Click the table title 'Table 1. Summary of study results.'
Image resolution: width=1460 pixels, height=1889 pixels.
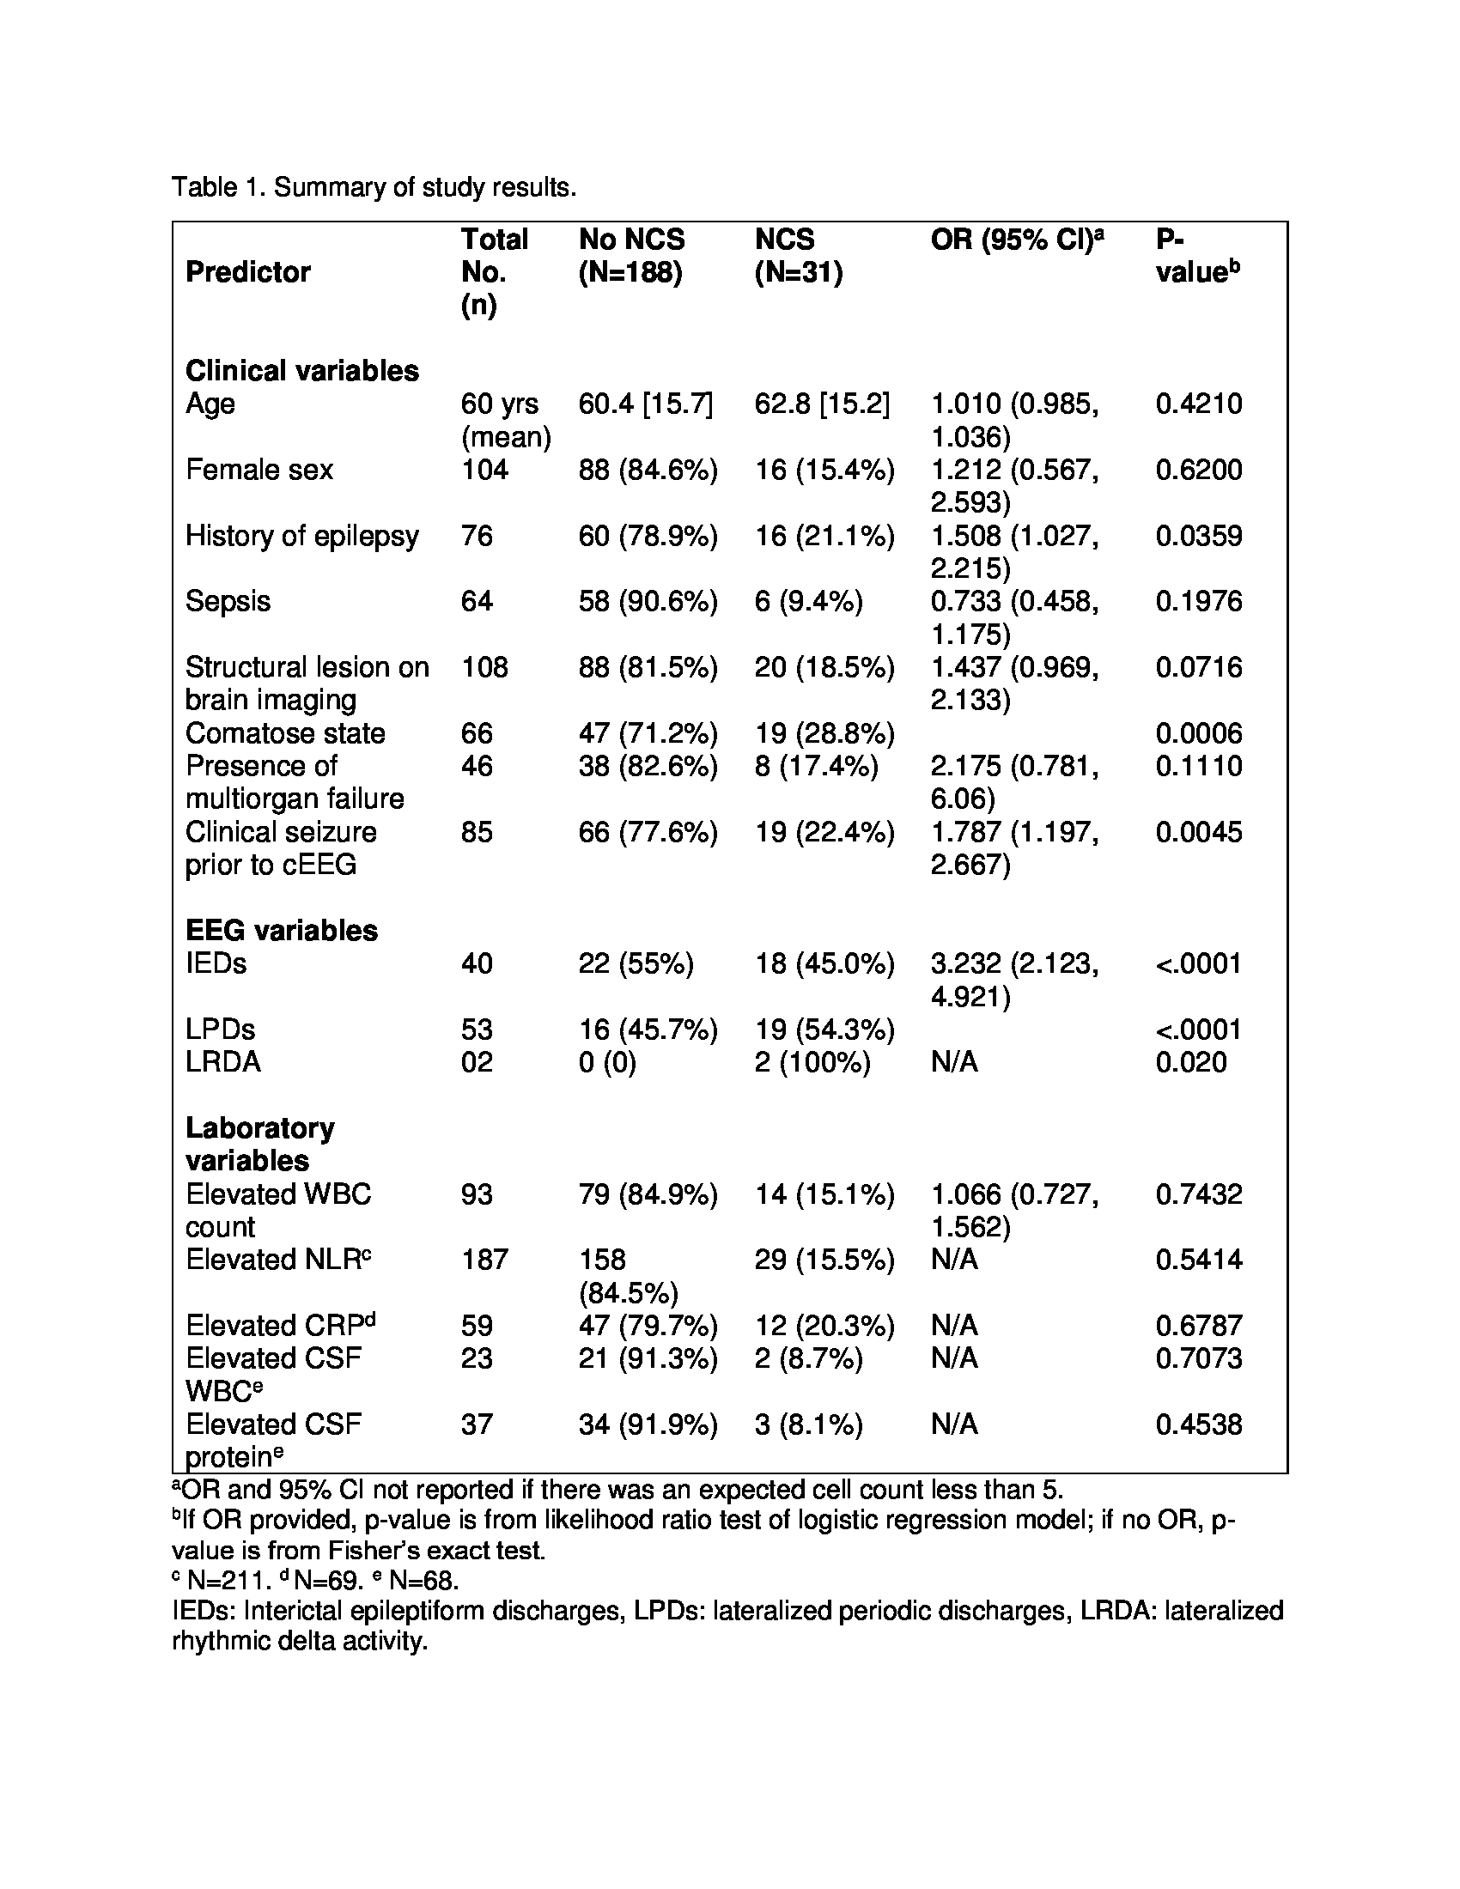pos(374,187)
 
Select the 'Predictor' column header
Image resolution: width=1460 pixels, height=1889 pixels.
pos(247,271)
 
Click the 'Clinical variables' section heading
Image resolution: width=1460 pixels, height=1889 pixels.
pos(301,370)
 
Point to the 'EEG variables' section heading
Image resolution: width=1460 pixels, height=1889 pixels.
pos(281,930)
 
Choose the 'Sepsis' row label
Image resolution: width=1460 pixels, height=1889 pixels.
pos(228,601)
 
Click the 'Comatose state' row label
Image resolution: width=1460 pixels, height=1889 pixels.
pos(285,732)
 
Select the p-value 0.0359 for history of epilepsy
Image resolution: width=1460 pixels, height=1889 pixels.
pos(1198,536)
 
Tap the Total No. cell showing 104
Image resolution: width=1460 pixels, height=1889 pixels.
pos(484,470)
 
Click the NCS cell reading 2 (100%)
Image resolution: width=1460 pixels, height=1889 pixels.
pos(812,1061)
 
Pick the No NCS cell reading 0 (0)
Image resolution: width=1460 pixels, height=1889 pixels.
pos(607,1061)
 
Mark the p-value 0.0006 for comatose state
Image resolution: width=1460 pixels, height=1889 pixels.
pos(1198,732)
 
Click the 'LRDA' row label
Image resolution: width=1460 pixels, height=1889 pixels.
pos(222,1061)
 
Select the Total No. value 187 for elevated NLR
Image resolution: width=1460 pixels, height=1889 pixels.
pos(484,1260)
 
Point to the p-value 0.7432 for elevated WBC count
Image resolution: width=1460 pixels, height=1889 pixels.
pos(1198,1194)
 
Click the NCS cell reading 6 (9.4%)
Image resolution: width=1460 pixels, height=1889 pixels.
pos(808,601)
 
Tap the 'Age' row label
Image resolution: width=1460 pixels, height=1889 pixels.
pos(210,404)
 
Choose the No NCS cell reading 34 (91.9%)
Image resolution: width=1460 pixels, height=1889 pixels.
pos(648,1424)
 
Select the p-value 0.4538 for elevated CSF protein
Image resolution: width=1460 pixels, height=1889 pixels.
pos(1198,1424)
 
